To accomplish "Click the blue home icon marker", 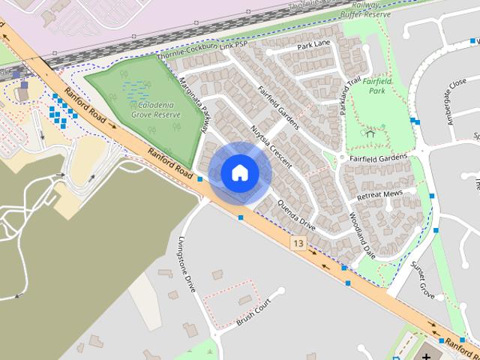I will pyautogui.click(x=239, y=172).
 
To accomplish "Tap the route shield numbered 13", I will pyautogui.click(x=298, y=244).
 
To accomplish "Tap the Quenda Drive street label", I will pyautogui.click(x=297, y=214).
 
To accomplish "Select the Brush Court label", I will pyautogui.click(x=253, y=313).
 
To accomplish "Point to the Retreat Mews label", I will pyautogui.click(x=379, y=194).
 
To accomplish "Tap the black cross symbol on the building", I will pyautogui.click(x=427, y=355).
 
